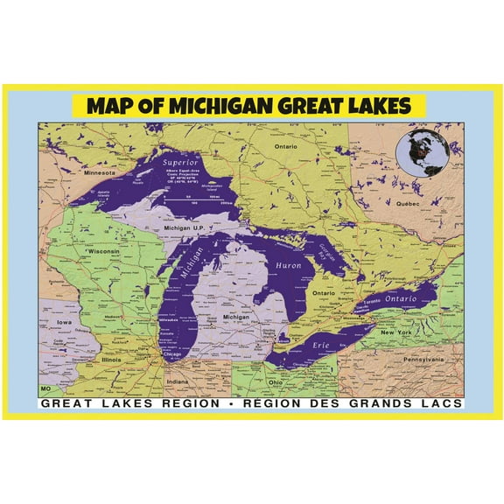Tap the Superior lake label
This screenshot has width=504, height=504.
coord(180,163)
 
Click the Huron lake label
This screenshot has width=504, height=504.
coord(288,264)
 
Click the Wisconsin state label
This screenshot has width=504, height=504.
coord(103,251)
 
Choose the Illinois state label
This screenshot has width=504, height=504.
coord(111,359)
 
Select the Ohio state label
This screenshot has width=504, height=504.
coord(275,381)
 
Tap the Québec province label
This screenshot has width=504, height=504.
coord(409,203)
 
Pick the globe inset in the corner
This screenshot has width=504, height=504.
coord(421,150)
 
